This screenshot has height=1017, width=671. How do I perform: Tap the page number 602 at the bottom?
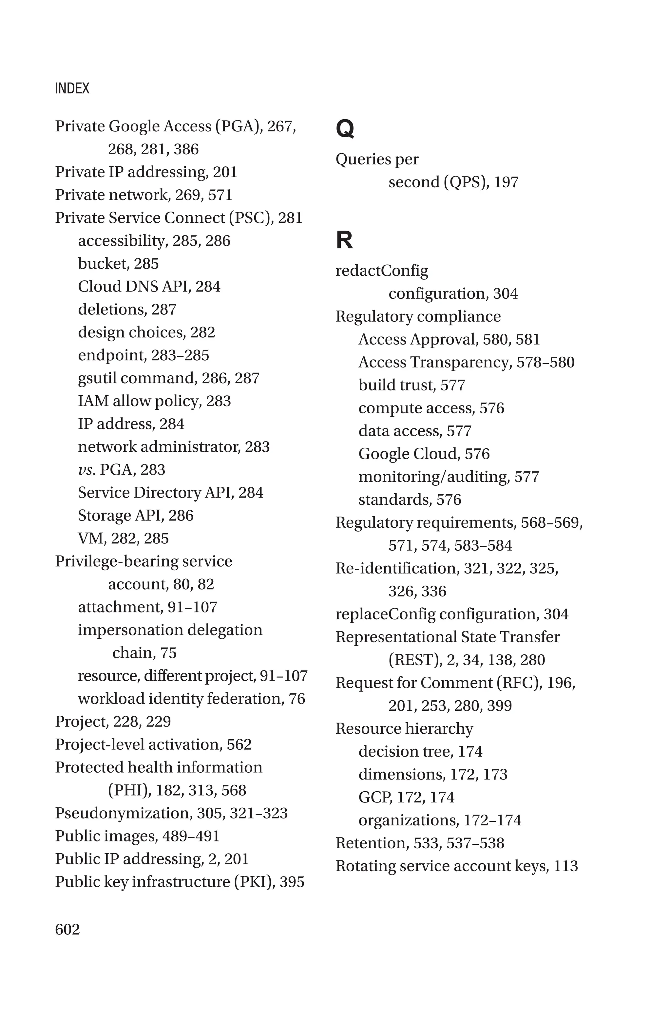coord(67,929)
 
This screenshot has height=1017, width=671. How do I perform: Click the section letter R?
coord(344,240)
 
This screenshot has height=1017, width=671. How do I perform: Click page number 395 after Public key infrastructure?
coord(292,882)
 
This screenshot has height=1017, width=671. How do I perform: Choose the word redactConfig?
coord(382,271)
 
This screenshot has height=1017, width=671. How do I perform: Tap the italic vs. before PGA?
coord(86,470)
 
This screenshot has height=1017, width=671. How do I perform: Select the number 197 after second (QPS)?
coord(506,182)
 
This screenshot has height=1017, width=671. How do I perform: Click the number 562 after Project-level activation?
coord(239,744)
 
